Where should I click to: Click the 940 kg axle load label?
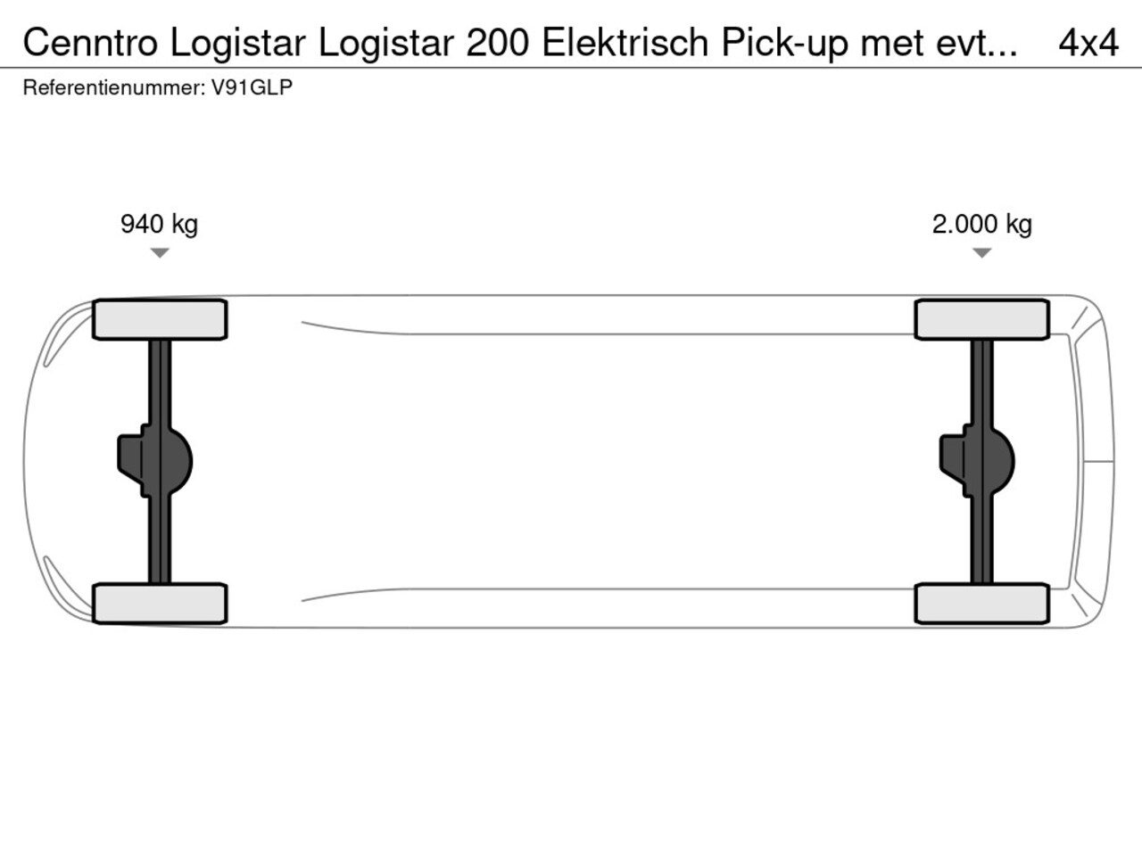pyautogui.click(x=159, y=225)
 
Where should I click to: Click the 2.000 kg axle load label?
pyautogui.click(x=981, y=225)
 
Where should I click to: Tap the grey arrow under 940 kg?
pyautogui.click(x=160, y=253)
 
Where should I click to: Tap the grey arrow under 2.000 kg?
pyautogui.click(x=981, y=253)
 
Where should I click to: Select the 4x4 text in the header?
pyautogui.click(x=1088, y=43)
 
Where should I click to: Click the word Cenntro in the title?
pyautogui.click(x=90, y=43)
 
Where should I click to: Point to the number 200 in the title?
pyautogui.click(x=497, y=43)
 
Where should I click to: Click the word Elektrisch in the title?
pyautogui.click(x=625, y=43)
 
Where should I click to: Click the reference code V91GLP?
pyautogui.click(x=252, y=88)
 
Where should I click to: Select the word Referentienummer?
pyautogui.click(x=112, y=88)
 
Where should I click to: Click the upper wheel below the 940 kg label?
pyautogui.click(x=160, y=319)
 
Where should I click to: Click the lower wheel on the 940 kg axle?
pyautogui.click(x=160, y=604)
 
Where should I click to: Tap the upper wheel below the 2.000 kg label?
pyautogui.click(x=981, y=319)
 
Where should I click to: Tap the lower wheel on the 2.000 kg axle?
pyautogui.click(x=981, y=604)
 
